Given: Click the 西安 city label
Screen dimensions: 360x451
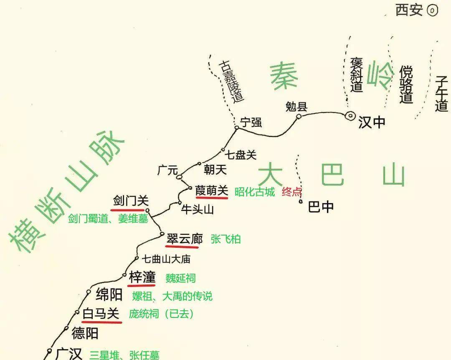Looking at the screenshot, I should tap(409, 10).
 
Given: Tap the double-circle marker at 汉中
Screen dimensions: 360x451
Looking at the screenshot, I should tap(350, 116).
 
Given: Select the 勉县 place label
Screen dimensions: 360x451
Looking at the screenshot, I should tap(296, 107).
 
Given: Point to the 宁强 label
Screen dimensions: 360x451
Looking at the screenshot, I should tap(251, 122).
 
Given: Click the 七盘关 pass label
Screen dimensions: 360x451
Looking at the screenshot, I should tap(241, 155).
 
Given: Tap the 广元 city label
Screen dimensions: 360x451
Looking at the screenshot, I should tap(168, 170).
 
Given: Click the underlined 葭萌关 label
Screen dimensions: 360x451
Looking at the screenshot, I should tap(212, 191).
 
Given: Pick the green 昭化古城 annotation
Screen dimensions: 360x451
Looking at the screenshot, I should tap(255, 192).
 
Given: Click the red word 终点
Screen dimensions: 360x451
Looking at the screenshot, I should tap(292, 192).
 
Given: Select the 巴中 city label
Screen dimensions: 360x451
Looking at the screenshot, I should tap(321, 206).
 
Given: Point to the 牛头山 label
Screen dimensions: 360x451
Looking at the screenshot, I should tap(197, 209).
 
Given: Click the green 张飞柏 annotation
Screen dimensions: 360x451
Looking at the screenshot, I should tap(225, 239).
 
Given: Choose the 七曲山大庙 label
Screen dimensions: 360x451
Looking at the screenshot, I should tap(166, 259).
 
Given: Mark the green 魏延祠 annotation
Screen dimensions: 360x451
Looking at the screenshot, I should tap(180, 278).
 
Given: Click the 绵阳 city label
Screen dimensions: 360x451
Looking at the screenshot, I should tap(109, 295).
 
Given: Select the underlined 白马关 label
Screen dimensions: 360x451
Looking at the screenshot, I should tap(101, 314).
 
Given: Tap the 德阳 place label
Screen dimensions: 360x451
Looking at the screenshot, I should tap(85, 333).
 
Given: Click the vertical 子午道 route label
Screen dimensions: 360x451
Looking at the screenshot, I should tap(441, 93).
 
